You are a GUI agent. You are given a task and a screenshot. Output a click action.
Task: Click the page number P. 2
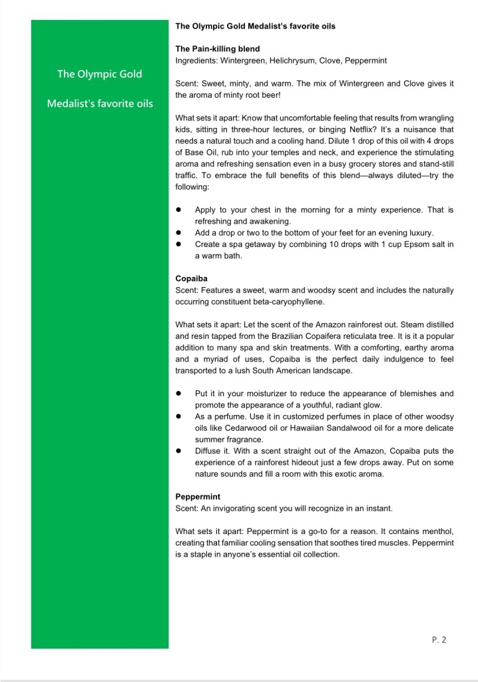pyautogui.click(x=439, y=640)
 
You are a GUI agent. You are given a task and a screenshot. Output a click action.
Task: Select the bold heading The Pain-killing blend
pyautogui.click(x=217, y=49)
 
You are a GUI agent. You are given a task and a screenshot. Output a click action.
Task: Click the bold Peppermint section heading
pyautogui.click(x=198, y=497)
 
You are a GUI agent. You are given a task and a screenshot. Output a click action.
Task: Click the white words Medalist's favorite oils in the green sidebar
pyautogui.click(x=100, y=103)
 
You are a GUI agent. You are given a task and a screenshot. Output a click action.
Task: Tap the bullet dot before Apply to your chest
pyautogui.click(x=178, y=210)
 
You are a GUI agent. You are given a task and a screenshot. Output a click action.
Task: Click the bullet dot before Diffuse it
pyautogui.click(x=178, y=451)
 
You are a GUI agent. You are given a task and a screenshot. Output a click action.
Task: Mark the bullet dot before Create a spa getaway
pyautogui.click(x=178, y=244)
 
